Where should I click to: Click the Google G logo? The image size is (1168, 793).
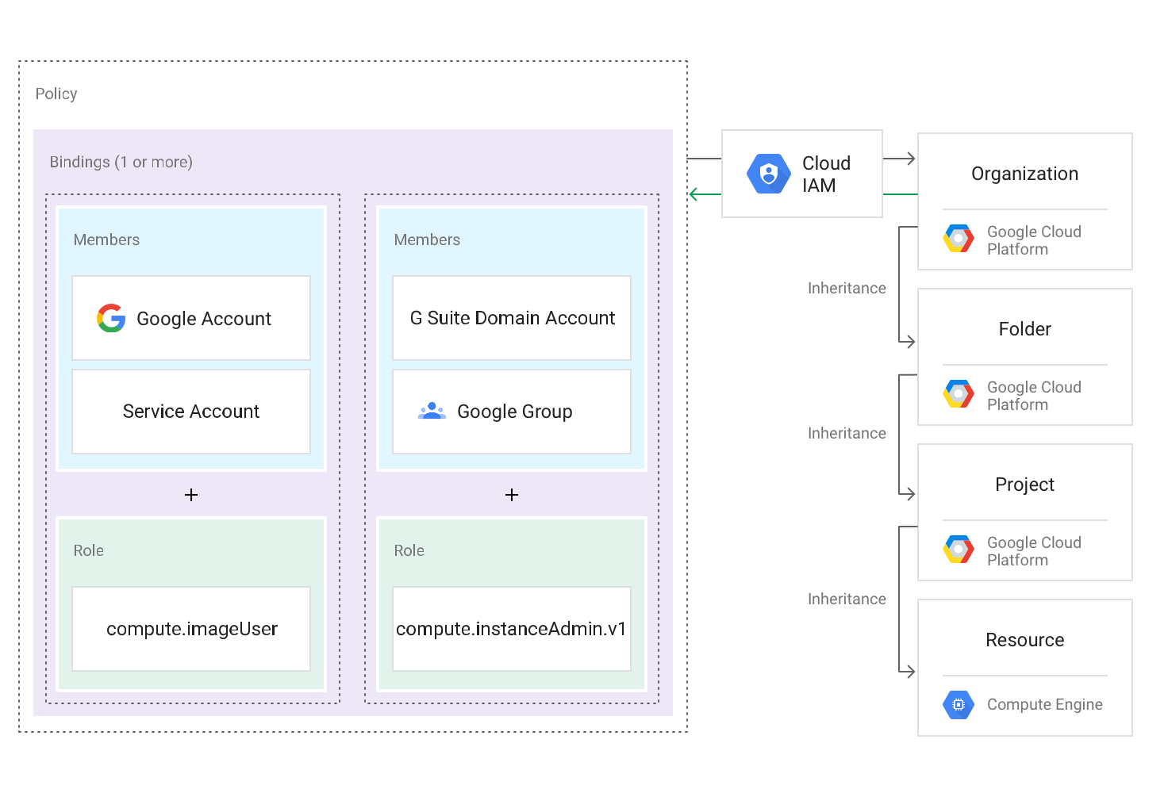pos(111,318)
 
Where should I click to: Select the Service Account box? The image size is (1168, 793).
pos(191,412)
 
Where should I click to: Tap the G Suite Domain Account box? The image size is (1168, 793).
pos(512,318)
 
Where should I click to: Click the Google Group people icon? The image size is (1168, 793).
pos(432,411)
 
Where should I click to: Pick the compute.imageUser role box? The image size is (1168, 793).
pos(191,629)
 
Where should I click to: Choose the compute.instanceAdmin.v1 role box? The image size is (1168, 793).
pos(512,629)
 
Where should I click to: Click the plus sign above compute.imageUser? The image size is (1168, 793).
pos(191,495)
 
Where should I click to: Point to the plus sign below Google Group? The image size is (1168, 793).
pos(512,495)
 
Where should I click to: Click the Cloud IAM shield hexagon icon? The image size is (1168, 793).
pos(768,174)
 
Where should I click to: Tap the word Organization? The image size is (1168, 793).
pos(1024,174)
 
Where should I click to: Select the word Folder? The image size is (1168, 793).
pos(1024,329)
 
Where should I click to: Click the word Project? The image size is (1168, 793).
pos(1024,485)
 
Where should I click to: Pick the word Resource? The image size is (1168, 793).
pos(1024,640)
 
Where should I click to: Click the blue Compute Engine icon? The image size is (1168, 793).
pos(959,704)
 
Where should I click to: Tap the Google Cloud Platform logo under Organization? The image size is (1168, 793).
pos(959,239)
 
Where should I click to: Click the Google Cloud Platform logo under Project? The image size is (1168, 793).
pos(959,550)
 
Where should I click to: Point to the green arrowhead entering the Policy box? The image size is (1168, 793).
pos(694,194)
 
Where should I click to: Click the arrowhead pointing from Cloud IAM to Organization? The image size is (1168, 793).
pos(910,159)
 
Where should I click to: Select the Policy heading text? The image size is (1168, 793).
pos(56,94)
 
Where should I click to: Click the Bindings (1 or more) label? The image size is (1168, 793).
pos(121,162)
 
